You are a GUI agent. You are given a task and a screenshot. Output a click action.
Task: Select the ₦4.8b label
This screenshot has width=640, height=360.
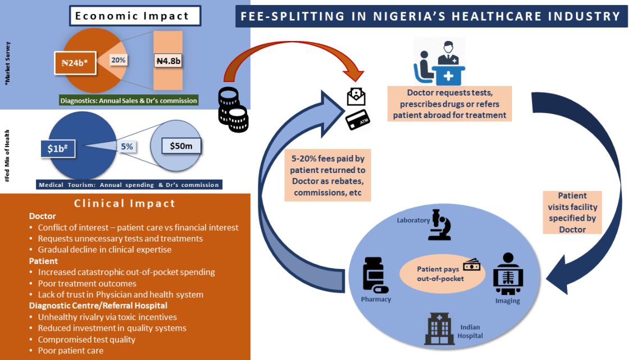168,60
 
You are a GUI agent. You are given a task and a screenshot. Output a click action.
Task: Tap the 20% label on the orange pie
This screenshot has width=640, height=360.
118,60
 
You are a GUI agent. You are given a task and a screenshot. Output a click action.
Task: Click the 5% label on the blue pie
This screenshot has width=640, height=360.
127,147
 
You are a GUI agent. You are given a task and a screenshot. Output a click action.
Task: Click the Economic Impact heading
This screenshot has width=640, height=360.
134,16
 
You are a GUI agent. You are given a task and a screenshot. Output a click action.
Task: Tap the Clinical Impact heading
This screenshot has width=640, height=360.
125,203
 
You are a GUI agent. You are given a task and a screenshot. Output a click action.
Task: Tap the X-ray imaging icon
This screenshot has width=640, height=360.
508,274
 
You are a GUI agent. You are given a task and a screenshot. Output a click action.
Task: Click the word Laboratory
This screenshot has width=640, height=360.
413,220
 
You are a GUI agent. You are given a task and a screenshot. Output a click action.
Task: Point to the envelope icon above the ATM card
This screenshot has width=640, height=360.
356,97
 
